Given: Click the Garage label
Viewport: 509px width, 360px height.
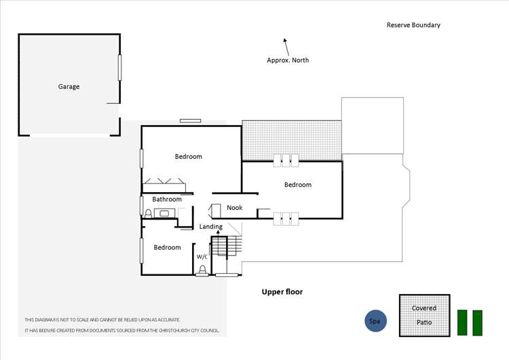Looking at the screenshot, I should pyautogui.click(x=69, y=87).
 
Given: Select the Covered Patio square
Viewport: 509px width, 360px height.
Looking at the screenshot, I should pyautogui.click(x=424, y=315).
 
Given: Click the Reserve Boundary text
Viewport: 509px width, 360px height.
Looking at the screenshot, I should pyautogui.click(x=413, y=25).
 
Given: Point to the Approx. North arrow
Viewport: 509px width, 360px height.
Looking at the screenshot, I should pyautogui.click(x=286, y=46).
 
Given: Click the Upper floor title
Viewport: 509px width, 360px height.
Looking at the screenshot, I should pyautogui.click(x=282, y=292).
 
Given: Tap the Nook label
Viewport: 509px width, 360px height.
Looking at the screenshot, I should pyautogui.click(x=235, y=208).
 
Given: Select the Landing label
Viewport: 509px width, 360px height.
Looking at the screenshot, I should pyautogui.click(x=211, y=226).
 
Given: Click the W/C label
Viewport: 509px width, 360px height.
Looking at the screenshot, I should pyautogui.click(x=202, y=257).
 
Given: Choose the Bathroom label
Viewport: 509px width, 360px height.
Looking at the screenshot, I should pyautogui.click(x=167, y=200).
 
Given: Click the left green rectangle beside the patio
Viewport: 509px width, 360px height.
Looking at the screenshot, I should pyautogui.click(x=463, y=323).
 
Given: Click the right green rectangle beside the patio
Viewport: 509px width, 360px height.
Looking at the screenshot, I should pyautogui.click(x=477, y=323).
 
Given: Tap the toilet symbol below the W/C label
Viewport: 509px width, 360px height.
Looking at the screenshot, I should pyautogui.click(x=202, y=270).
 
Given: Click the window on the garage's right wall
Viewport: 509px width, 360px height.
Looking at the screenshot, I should pyautogui.click(x=120, y=68).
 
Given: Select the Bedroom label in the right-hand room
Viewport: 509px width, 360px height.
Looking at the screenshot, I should pyautogui.click(x=298, y=185).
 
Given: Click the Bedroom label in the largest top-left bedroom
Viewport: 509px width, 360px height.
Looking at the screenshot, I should pyautogui.click(x=189, y=157).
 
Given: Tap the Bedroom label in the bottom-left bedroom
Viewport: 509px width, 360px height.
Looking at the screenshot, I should pyautogui.click(x=167, y=248).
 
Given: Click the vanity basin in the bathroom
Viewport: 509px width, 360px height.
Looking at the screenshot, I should pyautogui.click(x=164, y=213).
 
